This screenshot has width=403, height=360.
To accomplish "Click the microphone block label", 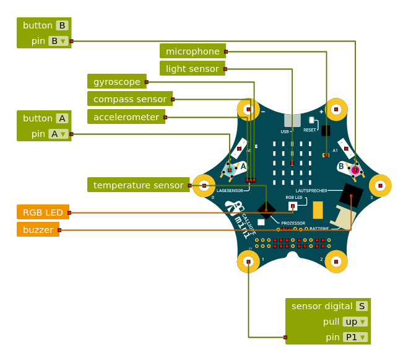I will (x=193, y=51).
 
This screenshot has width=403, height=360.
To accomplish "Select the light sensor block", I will (x=192, y=69).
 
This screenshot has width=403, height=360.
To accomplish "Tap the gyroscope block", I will (x=116, y=82).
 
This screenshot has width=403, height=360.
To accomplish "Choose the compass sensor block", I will (x=129, y=99).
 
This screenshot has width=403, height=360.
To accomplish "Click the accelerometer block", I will (x=126, y=116).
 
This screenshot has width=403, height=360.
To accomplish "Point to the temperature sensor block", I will (x=138, y=185).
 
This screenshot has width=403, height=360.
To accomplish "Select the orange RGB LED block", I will (x=43, y=213).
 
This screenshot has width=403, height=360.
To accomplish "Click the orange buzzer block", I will (x=38, y=229).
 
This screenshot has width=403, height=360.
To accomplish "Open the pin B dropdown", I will (x=58, y=41).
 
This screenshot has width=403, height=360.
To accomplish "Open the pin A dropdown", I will (x=58, y=134).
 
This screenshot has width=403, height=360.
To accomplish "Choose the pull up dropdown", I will (x=355, y=322).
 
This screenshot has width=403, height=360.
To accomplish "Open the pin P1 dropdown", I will (x=355, y=337).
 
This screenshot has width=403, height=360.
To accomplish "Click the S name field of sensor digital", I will (x=362, y=306).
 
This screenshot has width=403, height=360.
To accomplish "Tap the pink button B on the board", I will (x=355, y=169).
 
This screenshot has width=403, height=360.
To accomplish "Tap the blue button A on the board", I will (x=230, y=170).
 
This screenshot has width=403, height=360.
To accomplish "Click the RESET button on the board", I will (x=311, y=120).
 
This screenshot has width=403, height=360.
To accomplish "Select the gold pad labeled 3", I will (x=380, y=185).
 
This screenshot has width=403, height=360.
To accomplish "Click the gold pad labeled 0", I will (x=204, y=185).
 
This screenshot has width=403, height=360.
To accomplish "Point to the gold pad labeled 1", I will (x=248, y=261).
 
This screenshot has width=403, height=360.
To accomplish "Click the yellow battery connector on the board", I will (x=318, y=210).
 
